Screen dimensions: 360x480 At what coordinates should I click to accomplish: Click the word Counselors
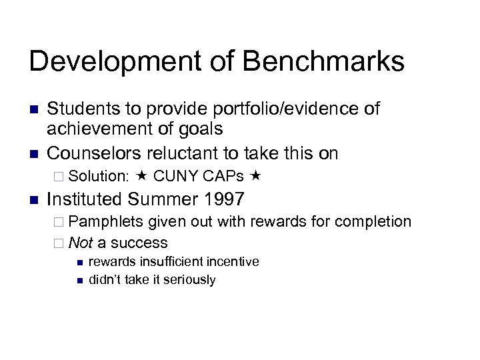92,153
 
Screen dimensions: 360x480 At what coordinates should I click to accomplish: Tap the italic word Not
81,242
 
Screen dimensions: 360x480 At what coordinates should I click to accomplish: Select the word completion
372,221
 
